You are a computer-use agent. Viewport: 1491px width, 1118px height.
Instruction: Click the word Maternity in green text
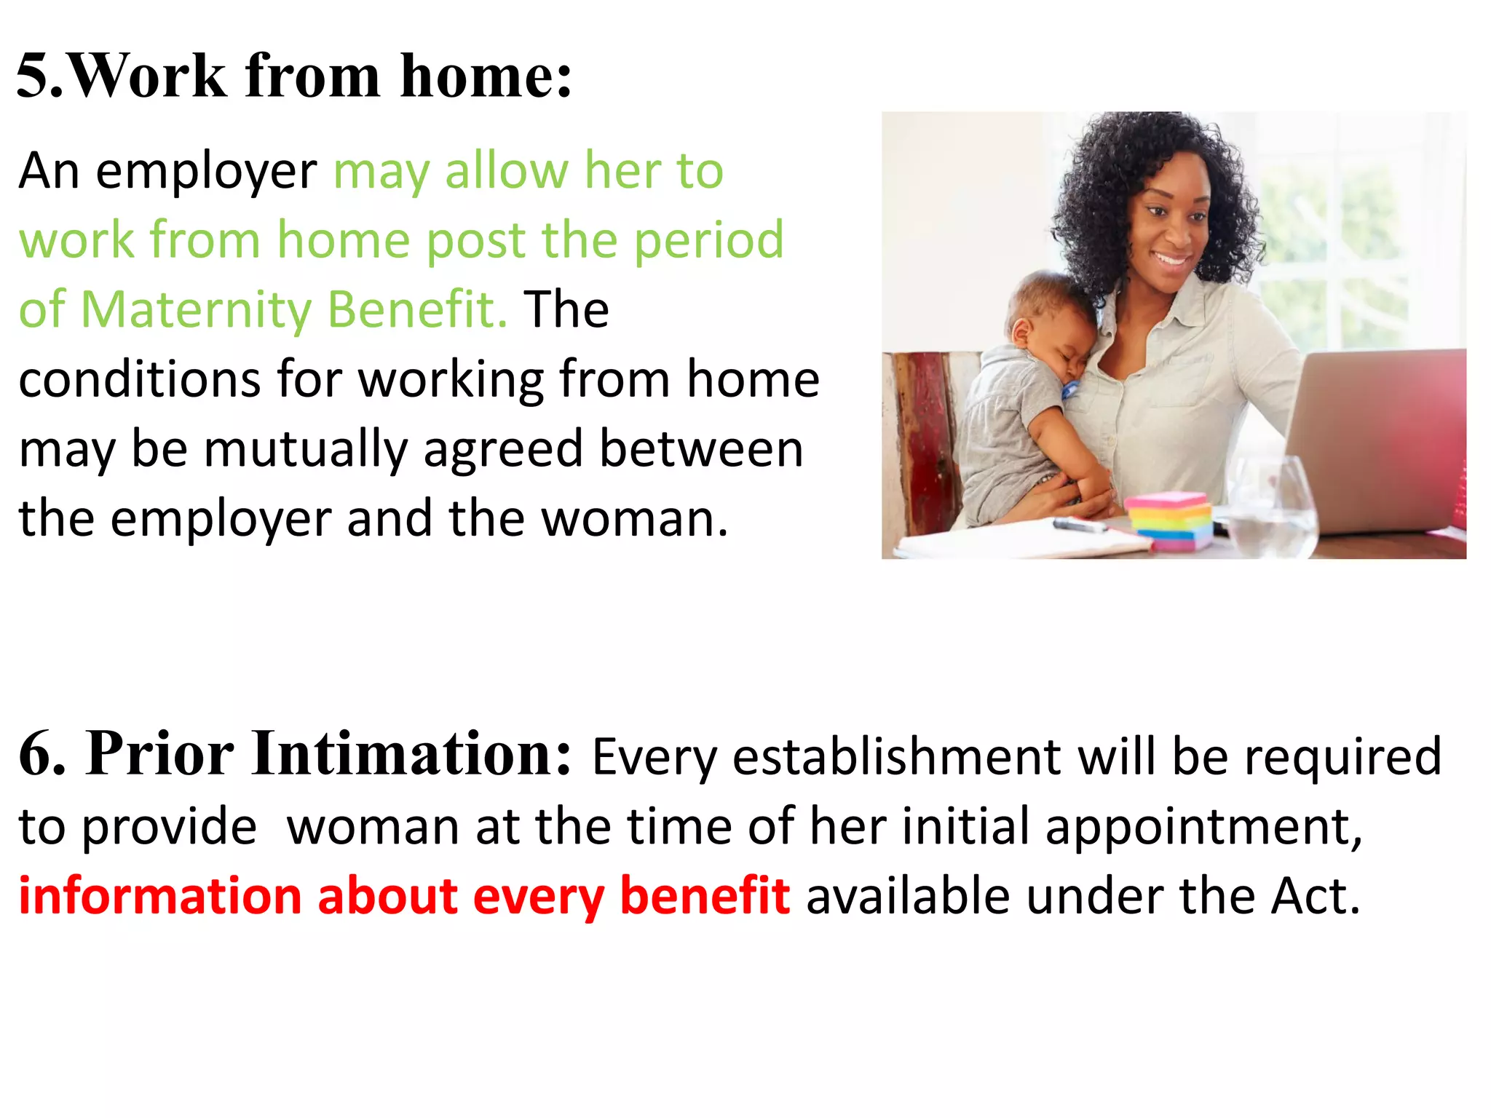click(x=195, y=309)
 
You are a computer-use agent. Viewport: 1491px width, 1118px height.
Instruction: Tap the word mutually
click(x=306, y=448)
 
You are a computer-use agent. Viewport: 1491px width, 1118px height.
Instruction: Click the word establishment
click(x=895, y=757)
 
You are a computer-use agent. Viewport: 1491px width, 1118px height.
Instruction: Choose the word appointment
click(x=1203, y=827)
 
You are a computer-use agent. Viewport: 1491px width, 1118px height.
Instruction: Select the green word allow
click(x=507, y=171)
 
